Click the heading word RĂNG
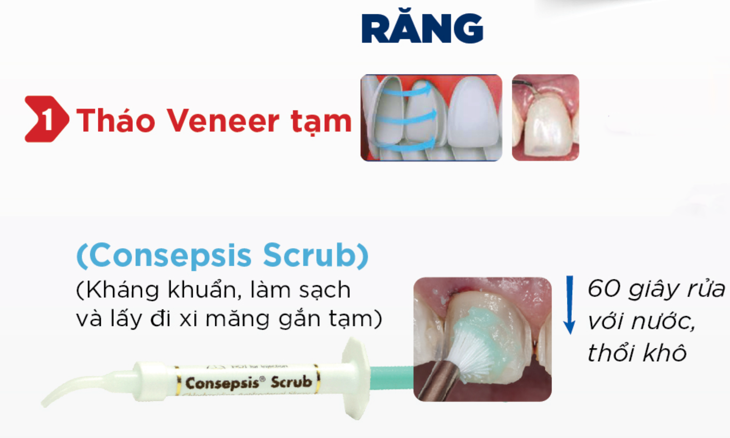tap(422, 29)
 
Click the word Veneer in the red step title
tap(223, 121)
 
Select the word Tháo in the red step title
tap(116, 121)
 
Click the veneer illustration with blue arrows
tap(431, 118)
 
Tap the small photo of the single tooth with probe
tap(545, 118)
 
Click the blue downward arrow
tap(570, 305)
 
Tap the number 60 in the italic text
tap(603, 288)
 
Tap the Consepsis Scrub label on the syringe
tap(248, 383)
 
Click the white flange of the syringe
tap(355, 378)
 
